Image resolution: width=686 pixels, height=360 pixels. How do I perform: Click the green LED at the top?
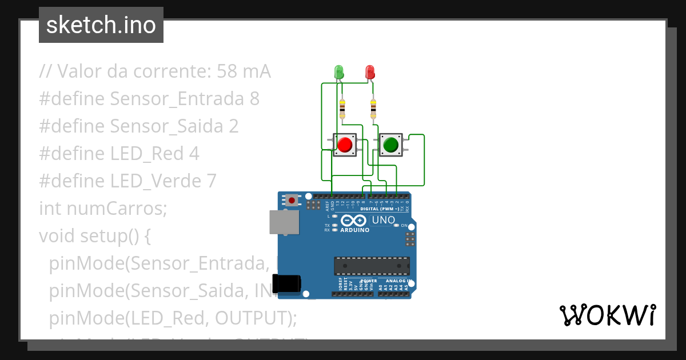(338, 71)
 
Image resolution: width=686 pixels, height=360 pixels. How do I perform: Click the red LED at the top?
(370, 71)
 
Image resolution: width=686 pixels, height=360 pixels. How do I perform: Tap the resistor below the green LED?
(342, 108)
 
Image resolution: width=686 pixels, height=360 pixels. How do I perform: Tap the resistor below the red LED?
(373, 108)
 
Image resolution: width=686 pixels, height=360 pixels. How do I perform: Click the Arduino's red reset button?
(292, 200)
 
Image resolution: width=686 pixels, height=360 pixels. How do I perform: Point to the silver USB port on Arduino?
(284, 222)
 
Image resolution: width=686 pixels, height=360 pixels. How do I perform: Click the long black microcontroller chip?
(372, 266)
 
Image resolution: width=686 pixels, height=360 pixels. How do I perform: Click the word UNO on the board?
(383, 220)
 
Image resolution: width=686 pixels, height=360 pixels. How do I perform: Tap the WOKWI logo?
(607, 315)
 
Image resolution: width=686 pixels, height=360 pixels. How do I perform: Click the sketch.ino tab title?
(101, 25)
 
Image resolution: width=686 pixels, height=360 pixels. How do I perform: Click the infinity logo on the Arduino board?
(353, 221)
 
